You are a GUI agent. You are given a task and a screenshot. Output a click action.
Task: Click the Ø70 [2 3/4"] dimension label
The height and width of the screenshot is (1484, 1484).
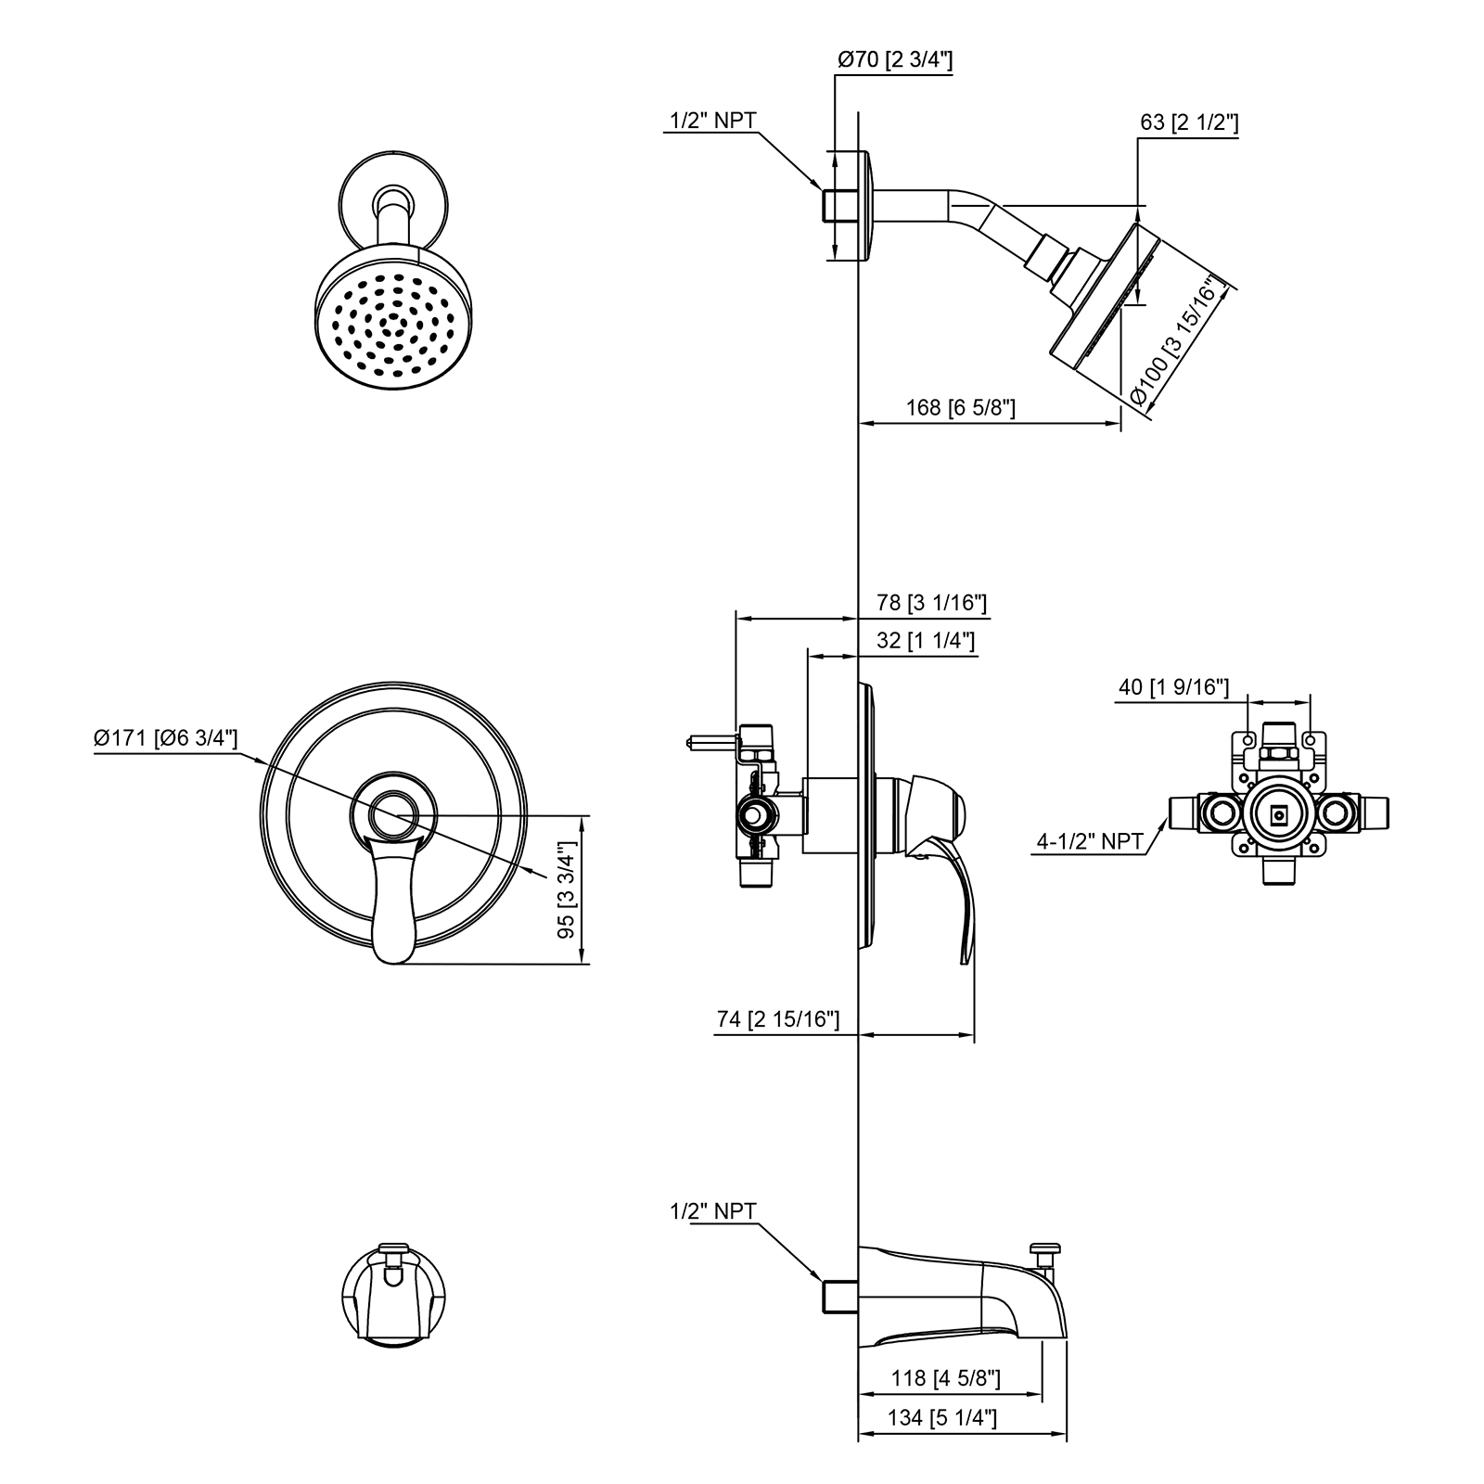click(895, 60)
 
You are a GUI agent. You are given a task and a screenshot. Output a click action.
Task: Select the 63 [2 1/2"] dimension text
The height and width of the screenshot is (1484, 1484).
click(1189, 122)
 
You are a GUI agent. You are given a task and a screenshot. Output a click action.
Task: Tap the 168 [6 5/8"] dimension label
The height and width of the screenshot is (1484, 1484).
click(961, 408)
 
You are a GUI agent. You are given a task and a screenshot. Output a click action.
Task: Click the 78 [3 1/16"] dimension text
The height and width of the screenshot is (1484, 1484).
click(931, 603)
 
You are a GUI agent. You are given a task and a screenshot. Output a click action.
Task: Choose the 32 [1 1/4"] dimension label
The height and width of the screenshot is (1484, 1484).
click(926, 641)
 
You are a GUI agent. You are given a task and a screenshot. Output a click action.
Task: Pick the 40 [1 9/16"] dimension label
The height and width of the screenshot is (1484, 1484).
click(1174, 687)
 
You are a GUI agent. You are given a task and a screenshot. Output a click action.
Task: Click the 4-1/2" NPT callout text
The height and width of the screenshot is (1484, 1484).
click(1089, 841)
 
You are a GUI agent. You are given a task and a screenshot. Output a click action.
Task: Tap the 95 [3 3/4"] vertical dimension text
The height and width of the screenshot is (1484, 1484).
click(566, 890)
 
